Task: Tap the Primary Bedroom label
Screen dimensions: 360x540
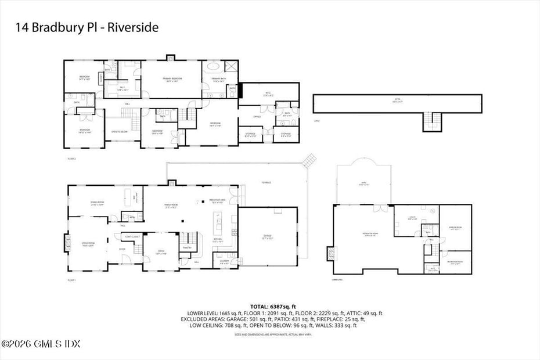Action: click(172, 80)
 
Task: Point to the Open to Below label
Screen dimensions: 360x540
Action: click(119, 132)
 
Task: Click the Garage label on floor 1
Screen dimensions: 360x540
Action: click(267, 237)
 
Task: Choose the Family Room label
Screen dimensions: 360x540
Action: click(171, 207)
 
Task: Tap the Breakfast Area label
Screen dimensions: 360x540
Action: click(217, 201)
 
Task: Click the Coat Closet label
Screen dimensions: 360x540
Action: click(132, 236)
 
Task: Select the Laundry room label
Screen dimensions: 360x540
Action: click(223, 262)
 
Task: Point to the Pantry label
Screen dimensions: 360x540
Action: click(187, 248)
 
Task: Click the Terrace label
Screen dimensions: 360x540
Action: click(267, 183)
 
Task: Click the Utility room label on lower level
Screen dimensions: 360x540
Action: click(412, 218)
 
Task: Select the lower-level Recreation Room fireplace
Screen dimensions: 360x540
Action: click(332, 254)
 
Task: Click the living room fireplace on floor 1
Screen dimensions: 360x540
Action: click(66, 242)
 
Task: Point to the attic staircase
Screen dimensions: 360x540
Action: click(430, 121)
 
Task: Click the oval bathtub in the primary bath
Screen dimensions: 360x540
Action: click(210, 67)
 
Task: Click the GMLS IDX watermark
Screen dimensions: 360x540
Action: click(41, 344)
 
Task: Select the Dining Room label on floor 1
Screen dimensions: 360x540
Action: click(97, 203)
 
